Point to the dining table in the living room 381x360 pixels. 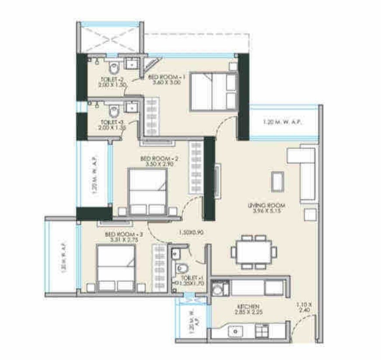[x=254, y=252]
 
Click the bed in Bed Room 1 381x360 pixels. [x=213, y=91]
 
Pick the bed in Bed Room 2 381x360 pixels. [x=148, y=191]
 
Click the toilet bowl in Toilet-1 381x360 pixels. [x=182, y=268]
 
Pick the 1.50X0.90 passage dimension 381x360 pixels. [x=189, y=233]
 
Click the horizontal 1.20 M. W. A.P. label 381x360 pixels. [x=283, y=122]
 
